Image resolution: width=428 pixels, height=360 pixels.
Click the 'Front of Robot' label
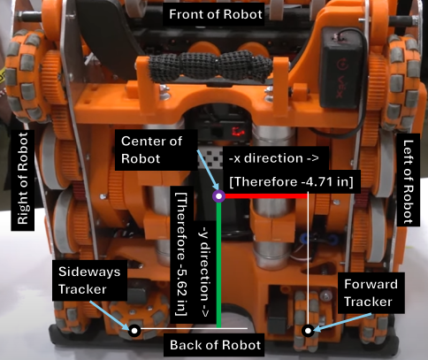click(x=216, y=14)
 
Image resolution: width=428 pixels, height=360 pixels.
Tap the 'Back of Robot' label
click(x=215, y=345)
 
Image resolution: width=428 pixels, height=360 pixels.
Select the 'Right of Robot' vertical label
click(x=23, y=179)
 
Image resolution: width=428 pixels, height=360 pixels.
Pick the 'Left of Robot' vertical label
click(x=409, y=180)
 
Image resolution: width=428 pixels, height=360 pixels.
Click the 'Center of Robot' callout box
click(x=156, y=149)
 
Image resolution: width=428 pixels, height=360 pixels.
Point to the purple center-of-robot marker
click(x=218, y=196)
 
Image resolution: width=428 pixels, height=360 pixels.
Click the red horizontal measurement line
click(x=266, y=196)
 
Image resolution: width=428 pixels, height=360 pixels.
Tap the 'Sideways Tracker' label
click(x=90, y=280)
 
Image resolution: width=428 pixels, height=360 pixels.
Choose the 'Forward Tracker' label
click(x=371, y=293)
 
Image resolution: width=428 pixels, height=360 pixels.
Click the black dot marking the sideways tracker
click(x=134, y=331)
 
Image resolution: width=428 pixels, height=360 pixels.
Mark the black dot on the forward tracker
click(x=308, y=331)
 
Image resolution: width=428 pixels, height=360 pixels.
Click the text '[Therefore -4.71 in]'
click(x=291, y=181)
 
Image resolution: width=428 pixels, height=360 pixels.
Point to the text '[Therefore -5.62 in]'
click(x=181, y=254)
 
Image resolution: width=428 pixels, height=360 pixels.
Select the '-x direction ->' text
click(x=274, y=158)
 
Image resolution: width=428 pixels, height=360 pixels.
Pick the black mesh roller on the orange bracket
click(x=210, y=65)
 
